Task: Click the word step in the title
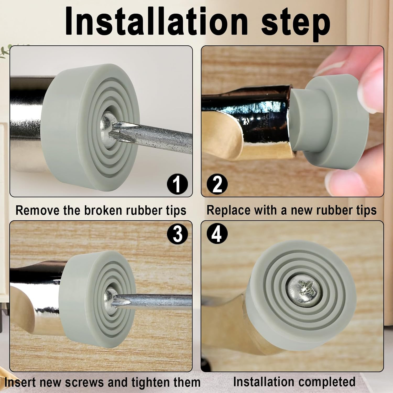(296, 24)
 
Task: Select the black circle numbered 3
(177, 233)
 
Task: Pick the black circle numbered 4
(217, 233)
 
